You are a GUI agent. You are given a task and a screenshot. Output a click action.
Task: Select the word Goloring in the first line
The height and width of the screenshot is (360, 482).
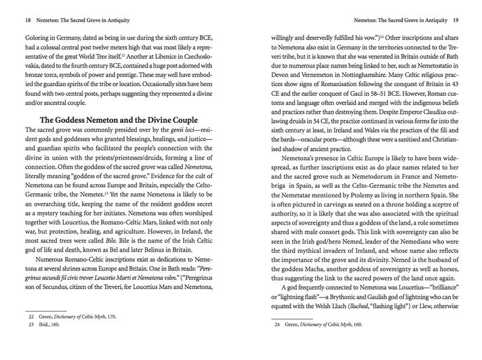pos(37,37)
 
